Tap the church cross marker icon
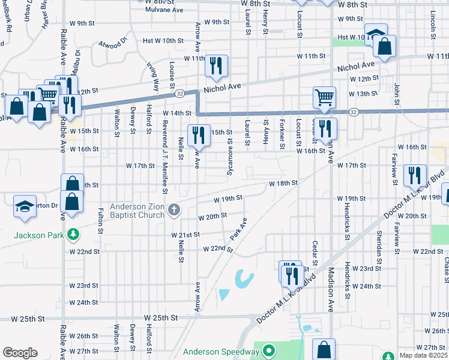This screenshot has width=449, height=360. (x=174, y=209)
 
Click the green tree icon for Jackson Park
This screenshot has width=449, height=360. (x=73, y=235)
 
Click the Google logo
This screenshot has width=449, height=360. (x=19, y=353)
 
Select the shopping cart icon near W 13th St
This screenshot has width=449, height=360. (x=324, y=97)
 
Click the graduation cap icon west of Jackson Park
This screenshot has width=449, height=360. (x=25, y=206)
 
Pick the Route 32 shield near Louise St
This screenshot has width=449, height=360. (x=179, y=94)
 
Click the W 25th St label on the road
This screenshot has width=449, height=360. (x=161, y=317)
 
